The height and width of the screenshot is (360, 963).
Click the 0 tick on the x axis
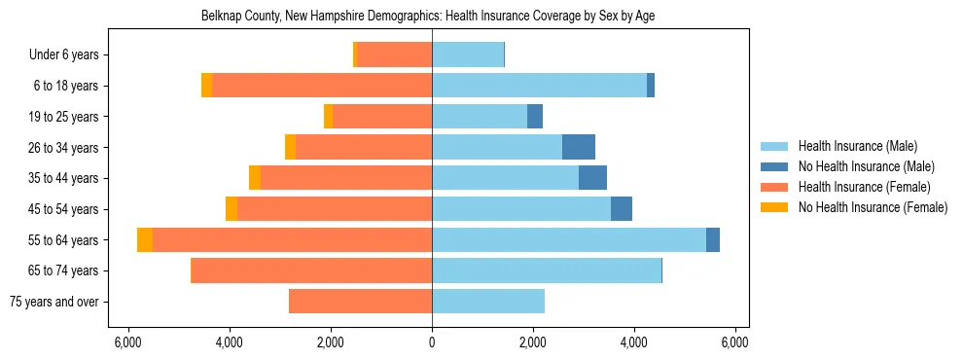tap(432, 342)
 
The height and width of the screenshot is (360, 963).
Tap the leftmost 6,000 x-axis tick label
tap(128, 342)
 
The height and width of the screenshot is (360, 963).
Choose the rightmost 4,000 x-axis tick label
tap(634, 342)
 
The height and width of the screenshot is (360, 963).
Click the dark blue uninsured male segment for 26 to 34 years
tap(579, 148)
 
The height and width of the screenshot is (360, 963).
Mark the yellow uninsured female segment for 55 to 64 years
tap(145, 240)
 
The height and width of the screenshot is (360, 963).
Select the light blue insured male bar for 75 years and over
tap(488, 302)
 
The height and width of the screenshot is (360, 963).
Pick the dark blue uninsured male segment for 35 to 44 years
tap(592, 178)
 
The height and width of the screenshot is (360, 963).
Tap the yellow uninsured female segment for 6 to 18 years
tap(206, 86)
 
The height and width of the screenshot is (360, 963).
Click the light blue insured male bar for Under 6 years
tap(468, 55)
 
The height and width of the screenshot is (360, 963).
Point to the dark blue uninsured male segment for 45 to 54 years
tap(622, 209)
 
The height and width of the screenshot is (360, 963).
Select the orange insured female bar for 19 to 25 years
tap(382, 117)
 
